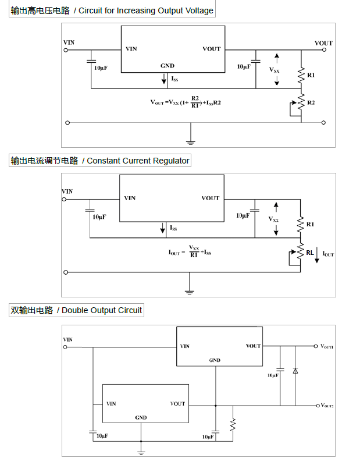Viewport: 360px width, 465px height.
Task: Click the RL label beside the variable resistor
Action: point(310,253)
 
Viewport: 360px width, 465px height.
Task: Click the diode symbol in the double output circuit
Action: point(295,370)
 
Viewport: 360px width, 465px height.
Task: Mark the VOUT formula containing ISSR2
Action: point(186,101)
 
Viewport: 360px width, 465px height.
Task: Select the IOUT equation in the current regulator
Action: point(190,251)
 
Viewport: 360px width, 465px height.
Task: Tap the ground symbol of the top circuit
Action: point(190,140)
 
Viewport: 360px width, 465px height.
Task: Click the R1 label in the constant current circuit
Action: point(310,224)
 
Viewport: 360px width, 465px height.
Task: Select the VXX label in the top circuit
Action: point(274,69)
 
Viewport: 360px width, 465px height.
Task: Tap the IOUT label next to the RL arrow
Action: point(329,254)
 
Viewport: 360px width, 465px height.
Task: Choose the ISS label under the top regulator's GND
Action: point(174,78)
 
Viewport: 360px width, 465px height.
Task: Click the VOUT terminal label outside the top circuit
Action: point(323,43)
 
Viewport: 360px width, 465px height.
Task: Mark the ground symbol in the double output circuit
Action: point(141,451)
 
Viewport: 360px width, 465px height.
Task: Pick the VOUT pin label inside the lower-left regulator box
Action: point(177,403)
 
